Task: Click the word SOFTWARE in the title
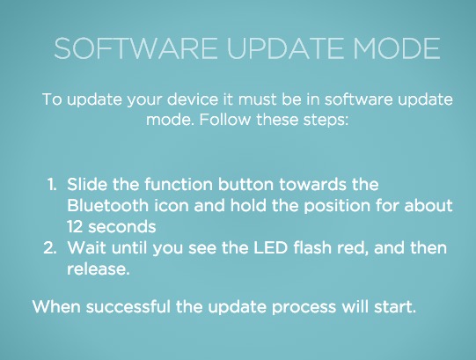tap(135, 48)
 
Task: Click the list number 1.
tap(52, 185)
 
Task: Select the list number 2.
tap(50, 247)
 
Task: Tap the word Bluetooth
tap(107, 205)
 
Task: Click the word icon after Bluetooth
tap(172, 205)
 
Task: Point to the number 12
tap(75, 226)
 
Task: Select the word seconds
tap(122, 226)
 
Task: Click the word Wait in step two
tap(86, 247)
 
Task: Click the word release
tap(97, 269)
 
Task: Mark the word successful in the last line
tap(128, 306)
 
